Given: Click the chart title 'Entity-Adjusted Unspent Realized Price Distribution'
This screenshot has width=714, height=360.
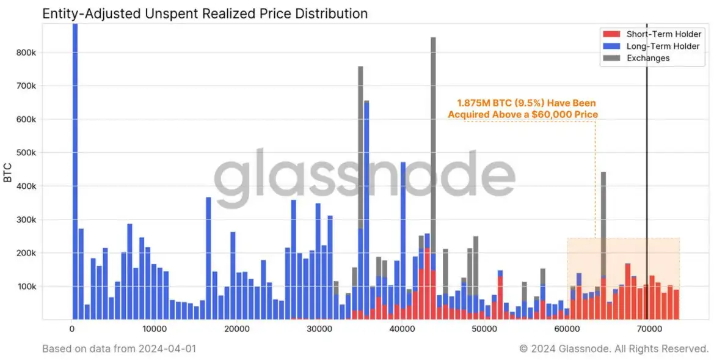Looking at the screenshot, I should [205, 13].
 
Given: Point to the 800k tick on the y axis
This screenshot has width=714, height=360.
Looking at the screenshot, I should [26, 53].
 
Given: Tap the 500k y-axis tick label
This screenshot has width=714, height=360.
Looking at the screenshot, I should [26, 153].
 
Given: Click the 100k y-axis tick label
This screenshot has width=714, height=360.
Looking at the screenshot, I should [26, 286].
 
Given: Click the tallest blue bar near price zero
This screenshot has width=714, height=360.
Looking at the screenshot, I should [75, 171].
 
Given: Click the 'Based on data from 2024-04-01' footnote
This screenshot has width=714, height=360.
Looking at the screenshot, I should [119, 348].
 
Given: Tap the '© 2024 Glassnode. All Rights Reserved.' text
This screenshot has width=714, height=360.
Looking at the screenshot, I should [614, 348].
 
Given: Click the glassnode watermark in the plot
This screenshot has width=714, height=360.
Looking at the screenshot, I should [365, 177].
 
